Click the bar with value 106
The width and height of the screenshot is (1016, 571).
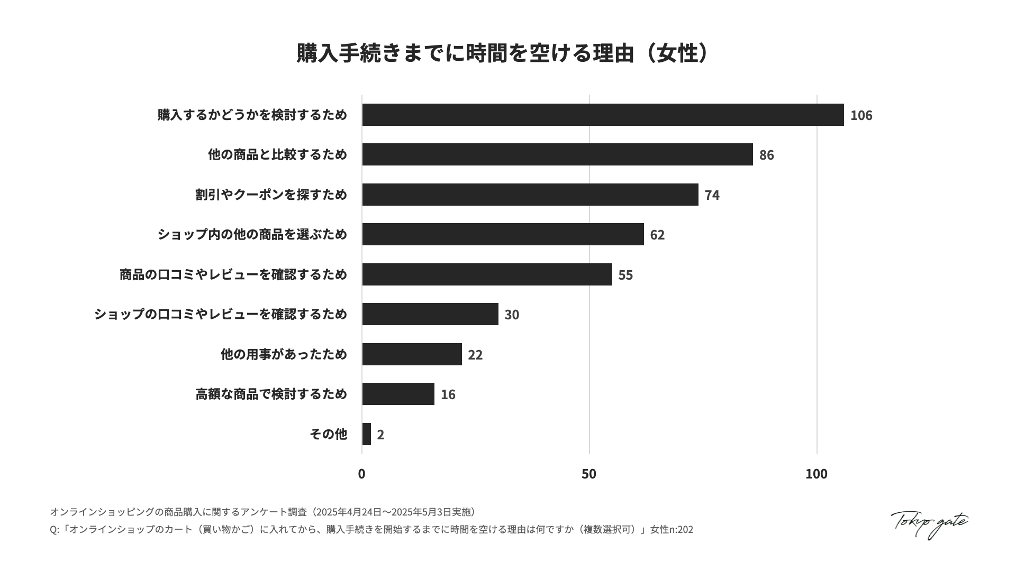pyautogui.click(x=603, y=115)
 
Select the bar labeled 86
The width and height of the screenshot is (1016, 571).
pyautogui.click(x=557, y=154)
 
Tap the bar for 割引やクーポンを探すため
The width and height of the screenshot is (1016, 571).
pyautogui.click(x=530, y=195)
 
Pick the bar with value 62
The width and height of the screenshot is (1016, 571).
pyautogui.click(x=503, y=234)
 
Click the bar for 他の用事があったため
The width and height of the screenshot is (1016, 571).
pyautogui.click(x=412, y=354)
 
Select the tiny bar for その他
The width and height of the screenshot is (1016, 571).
pyautogui.click(x=367, y=434)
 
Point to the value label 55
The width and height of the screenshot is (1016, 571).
pyautogui.click(x=625, y=275)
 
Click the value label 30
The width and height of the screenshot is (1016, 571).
pyautogui.click(x=512, y=315)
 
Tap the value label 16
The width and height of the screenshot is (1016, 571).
pyautogui.click(x=448, y=394)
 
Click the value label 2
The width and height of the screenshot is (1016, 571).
pyautogui.click(x=380, y=435)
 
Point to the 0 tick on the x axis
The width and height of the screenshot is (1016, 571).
pyautogui.click(x=361, y=474)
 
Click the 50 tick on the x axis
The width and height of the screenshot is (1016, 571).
pyautogui.click(x=589, y=474)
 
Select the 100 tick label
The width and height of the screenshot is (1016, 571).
pyautogui.click(x=816, y=474)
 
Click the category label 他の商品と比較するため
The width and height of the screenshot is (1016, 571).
pyautogui.click(x=277, y=154)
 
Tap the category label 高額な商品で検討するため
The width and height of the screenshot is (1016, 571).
pyautogui.click(x=271, y=394)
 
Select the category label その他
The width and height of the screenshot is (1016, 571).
pyautogui.click(x=328, y=434)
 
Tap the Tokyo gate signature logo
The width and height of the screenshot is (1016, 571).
pyautogui.click(x=929, y=524)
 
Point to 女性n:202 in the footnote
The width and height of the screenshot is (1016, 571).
pyautogui.click(x=672, y=529)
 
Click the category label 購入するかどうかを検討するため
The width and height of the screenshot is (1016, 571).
pyautogui.click(x=252, y=115)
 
